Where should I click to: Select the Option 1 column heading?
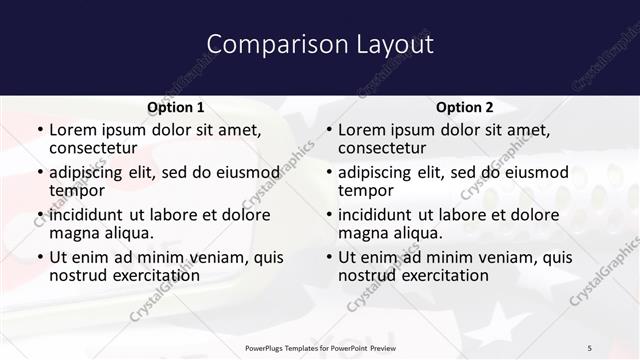(175, 107)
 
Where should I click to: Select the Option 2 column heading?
(464, 107)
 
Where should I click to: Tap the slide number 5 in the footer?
(589, 347)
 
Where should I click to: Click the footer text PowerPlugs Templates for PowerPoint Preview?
(319, 347)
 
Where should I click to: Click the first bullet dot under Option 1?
(40, 131)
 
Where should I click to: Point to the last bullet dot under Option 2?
(329, 257)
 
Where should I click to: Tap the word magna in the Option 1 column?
(74, 233)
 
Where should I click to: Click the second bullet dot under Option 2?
(329, 173)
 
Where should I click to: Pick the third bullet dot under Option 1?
(40, 215)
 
